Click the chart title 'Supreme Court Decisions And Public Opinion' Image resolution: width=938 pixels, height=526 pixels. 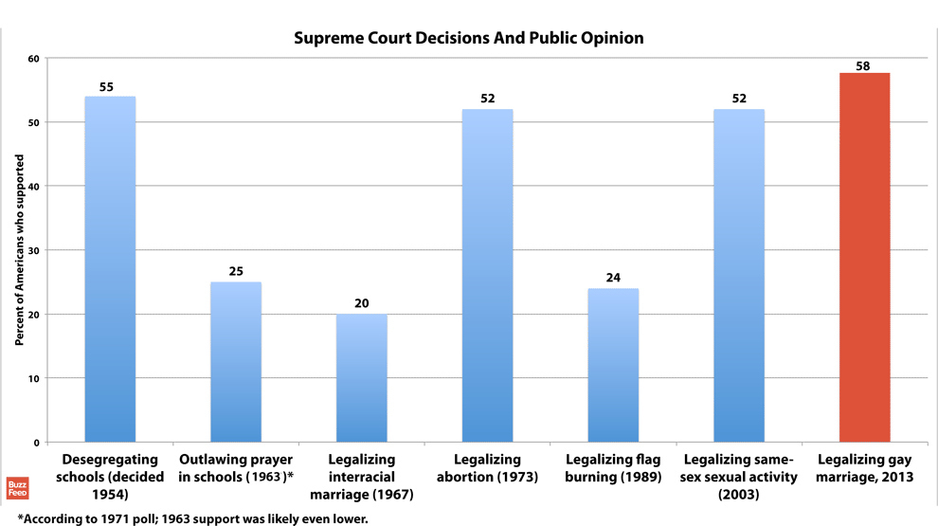click(x=468, y=39)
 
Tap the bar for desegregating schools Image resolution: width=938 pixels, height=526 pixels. click(x=110, y=269)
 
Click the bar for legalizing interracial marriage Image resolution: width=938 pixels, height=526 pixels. click(x=361, y=378)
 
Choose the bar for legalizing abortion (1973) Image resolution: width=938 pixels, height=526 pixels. click(x=487, y=276)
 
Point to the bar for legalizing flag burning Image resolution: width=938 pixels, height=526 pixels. click(x=613, y=365)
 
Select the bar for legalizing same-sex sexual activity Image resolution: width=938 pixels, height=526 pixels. click(x=738, y=276)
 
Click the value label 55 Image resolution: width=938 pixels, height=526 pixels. click(x=106, y=87)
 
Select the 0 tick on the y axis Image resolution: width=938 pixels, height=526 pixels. click(x=36, y=443)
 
